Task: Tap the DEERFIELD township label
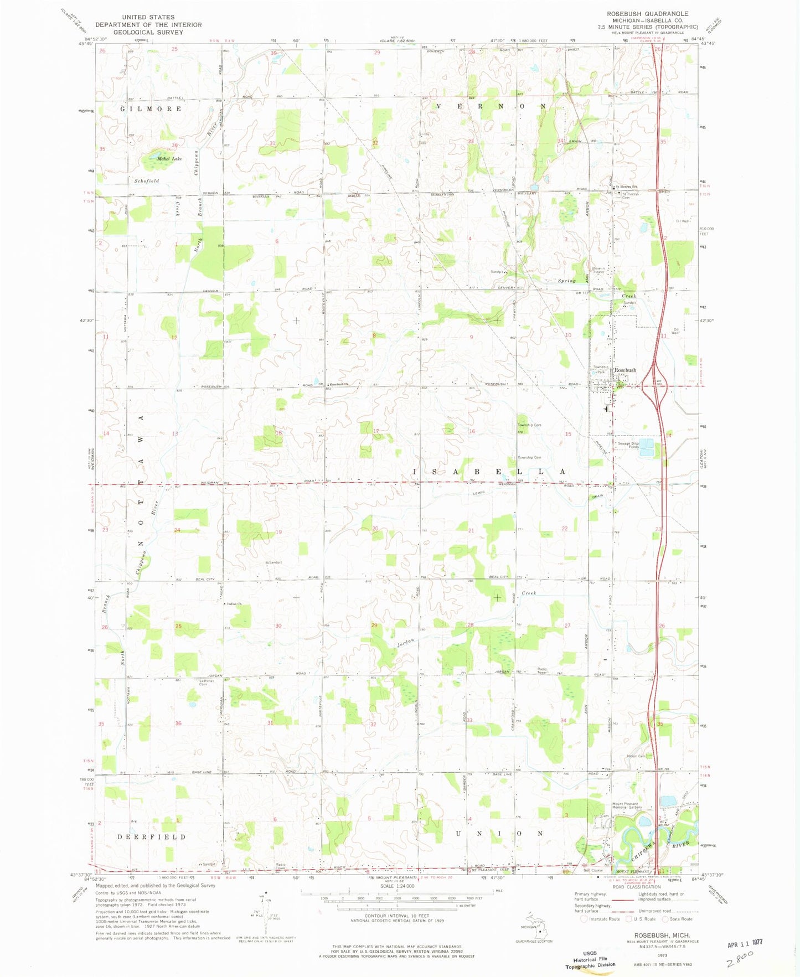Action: point(152,837)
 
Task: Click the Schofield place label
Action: point(147,181)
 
